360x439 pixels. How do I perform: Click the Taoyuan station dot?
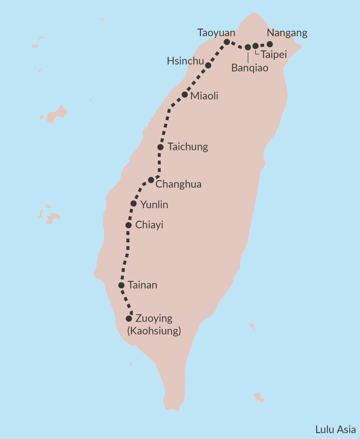pyautogui.click(x=227, y=42)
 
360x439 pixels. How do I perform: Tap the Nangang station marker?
pyautogui.click(x=270, y=44)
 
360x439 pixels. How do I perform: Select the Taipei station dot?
pyautogui.click(x=255, y=46)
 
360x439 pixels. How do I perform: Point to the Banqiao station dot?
pyautogui.click(x=248, y=47)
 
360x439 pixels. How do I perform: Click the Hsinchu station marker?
pyautogui.click(x=208, y=65)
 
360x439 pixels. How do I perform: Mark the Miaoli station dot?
pyautogui.click(x=185, y=95)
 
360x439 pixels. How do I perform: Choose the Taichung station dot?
pyautogui.click(x=160, y=147)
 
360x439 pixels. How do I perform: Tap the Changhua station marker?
pyautogui.click(x=151, y=180)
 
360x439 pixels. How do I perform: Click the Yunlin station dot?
pyautogui.click(x=133, y=204)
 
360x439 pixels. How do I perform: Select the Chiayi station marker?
pyautogui.click(x=128, y=225)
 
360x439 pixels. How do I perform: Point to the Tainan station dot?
pyautogui.click(x=121, y=285)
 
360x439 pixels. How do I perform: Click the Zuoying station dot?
pyautogui.click(x=129, y=319)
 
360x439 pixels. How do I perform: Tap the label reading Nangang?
pyautogui.click(x=287, y=33)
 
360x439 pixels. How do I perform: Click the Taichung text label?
pyautogui.click(x=188, y=147)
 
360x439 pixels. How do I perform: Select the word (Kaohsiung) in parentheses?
pyautogui.click(x=154, y=331)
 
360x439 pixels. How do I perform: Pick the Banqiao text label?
pyautogui.click(x=250, y=68)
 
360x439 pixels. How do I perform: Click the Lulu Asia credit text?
pyautogui.click(x=335, y=429)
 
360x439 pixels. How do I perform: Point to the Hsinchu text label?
pyautogui.click(x=185, y=61)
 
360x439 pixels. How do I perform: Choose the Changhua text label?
pyautogui.click(x=178, y=184)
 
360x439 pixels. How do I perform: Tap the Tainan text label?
pyautogui.click(x=142, y=285)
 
